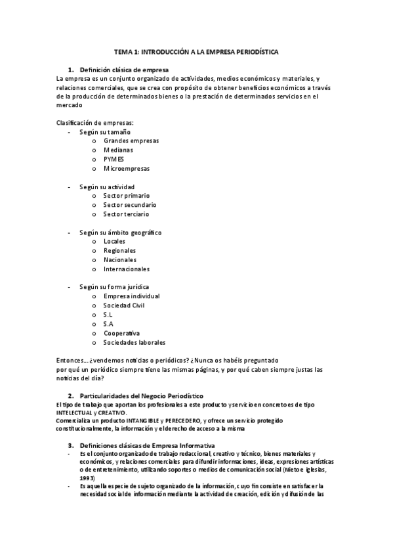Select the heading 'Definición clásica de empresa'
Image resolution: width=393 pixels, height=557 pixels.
pyautogui.click(x=124, y=69)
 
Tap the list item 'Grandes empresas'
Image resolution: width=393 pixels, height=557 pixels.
pyautogui.click(x=131, y=141)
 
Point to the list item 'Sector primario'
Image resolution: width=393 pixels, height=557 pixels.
pyautogui.click(x=127, y=196)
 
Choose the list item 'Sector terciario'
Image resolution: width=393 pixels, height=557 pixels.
pyautogui.click(x=126, y=214)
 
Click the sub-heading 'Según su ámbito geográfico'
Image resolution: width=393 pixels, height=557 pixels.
pyautogui.click(x=120, y=233)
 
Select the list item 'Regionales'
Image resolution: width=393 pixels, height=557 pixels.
pyautogui.click(x=119, y=250)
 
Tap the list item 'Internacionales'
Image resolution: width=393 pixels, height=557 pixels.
pyautogui.click(x=127, y=269)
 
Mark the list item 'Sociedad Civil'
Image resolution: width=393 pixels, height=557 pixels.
pyautogui.click(x=124, y=305)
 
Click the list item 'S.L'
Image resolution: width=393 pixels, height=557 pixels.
pyautogui.click(x=108, y=315)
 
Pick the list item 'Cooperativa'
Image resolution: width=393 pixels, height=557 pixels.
pyautogui.click(x=121, y=333)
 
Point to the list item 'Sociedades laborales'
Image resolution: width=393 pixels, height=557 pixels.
pyautogui.click(x=134, y=342)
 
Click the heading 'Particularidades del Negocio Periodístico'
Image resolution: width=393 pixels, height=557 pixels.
pyautogui.click(x=141, y=395)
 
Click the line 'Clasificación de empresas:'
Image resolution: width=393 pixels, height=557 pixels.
pyautogui.click(x=95, y=123)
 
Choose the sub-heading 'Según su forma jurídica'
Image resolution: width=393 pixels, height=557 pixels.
pyautogui.click(x=114, y=287)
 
